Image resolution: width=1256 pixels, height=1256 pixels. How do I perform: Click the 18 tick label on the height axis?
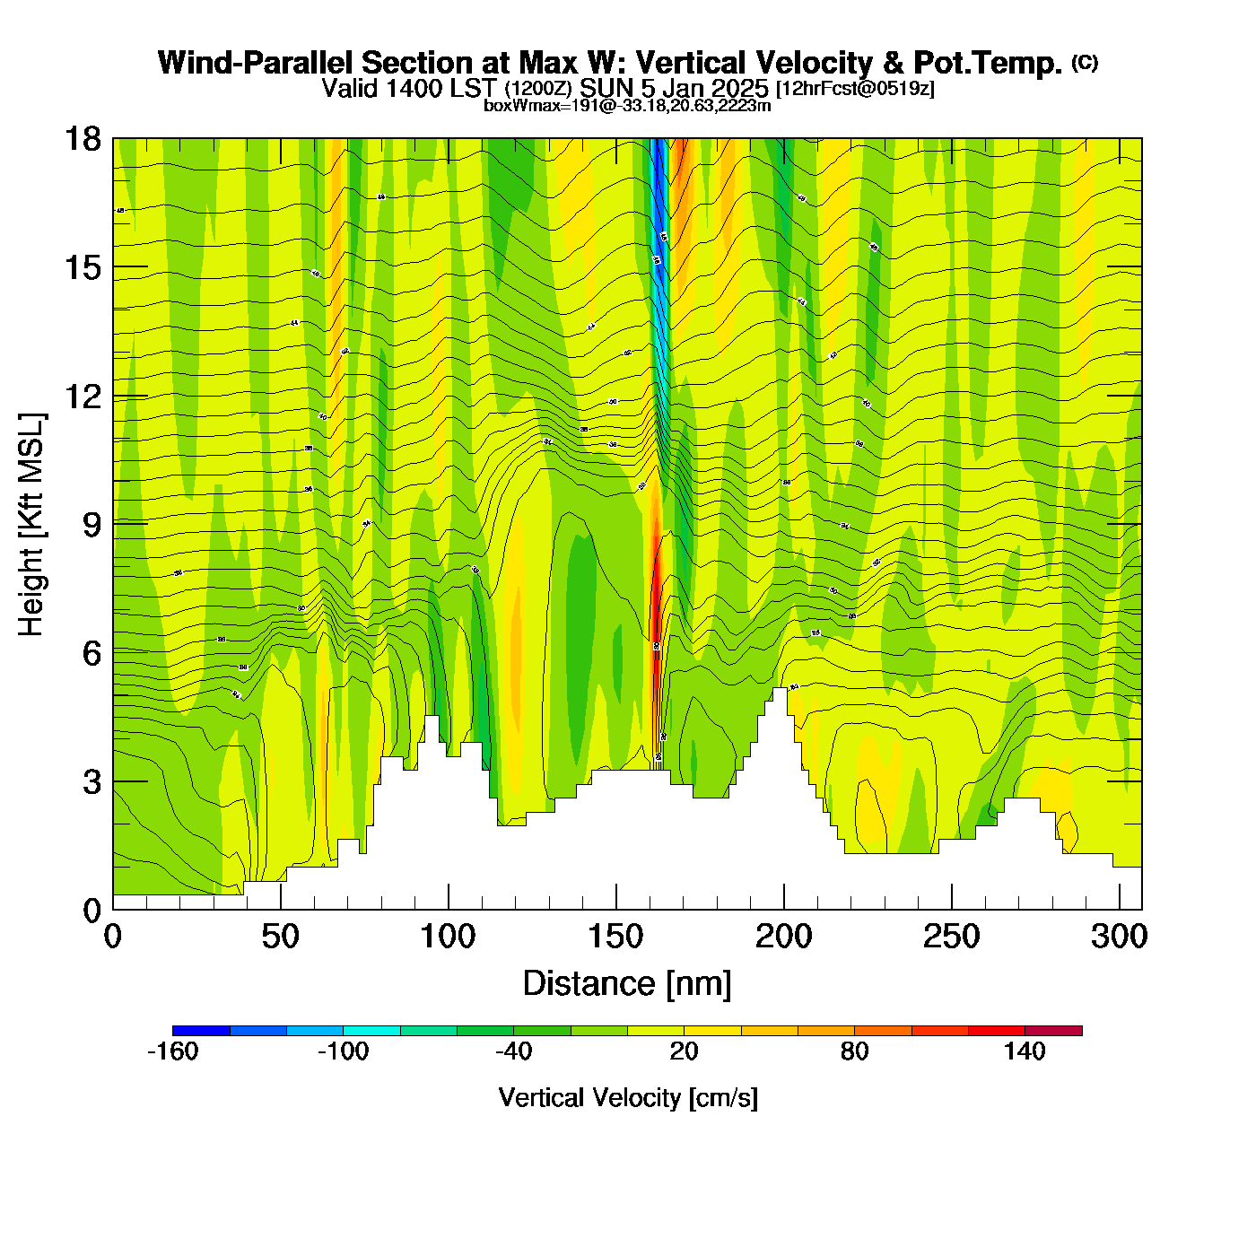tap(82, 139)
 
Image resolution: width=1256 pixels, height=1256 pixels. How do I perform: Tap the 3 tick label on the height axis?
tap(92, 782)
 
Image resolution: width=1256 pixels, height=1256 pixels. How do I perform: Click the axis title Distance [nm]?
tap(627, 984)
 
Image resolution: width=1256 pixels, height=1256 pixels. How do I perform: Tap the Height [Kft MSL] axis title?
tap(31, 525)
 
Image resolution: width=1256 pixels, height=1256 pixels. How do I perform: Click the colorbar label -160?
tap(172, 1051)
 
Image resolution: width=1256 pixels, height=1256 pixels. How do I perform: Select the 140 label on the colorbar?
tap(1025, 1051)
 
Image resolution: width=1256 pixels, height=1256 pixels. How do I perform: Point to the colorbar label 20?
tap(684, 1051)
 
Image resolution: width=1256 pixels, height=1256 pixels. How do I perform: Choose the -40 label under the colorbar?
tap(513, 1051)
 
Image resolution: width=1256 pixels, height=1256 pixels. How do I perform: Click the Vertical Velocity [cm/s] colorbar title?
tap(628, 1098)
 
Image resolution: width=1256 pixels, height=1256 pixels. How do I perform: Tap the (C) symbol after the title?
tap(1085, 62)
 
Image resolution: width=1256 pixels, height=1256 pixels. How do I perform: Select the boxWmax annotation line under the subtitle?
tap(627, 106)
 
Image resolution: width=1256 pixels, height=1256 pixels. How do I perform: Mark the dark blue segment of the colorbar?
tap(201, 1031)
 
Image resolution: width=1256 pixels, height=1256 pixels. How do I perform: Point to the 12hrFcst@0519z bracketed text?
tap(855, 89)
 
